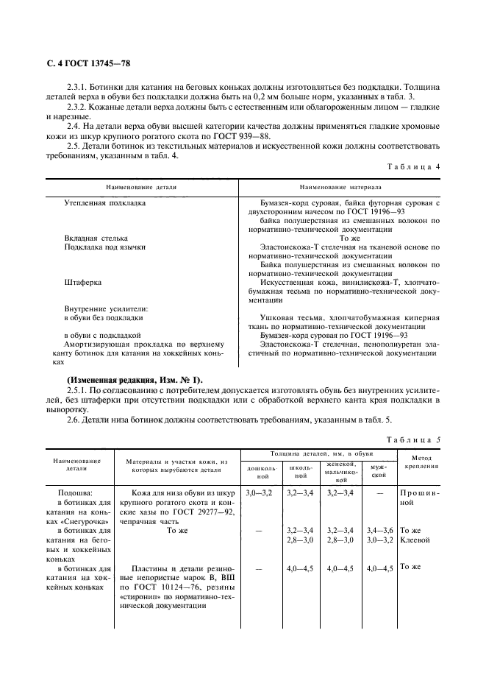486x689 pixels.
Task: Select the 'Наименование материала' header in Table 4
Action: point(340,187)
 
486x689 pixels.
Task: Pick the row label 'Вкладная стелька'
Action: point(96,238)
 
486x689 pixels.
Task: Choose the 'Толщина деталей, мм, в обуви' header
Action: point(321,455)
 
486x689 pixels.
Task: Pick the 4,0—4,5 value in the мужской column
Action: point(379,568)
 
